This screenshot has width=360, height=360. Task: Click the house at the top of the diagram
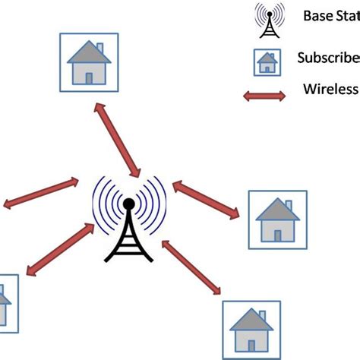click(90, 63)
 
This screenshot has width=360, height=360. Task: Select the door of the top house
click(89, 76)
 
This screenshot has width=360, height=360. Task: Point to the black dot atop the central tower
click(128, 204)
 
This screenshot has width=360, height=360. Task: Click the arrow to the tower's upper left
click(42, 193)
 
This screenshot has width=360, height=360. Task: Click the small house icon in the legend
click(267, 63)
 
